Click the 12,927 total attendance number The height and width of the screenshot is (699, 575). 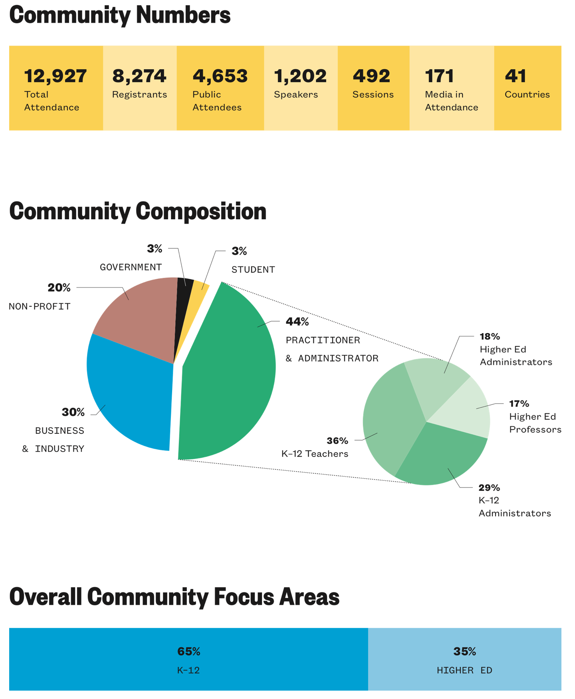[x=56, y=76]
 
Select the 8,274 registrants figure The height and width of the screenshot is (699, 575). [x=139, y=76]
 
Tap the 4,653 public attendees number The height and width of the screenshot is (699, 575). [x=220, y=76]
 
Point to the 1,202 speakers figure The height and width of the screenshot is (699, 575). [x=300, y=76]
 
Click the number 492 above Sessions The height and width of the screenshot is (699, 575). [x=371, y=76]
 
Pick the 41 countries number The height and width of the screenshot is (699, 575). [x=516, y=76]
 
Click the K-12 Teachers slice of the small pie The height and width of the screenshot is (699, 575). [x=389, y=419]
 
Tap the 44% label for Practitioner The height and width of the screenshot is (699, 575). [x=297, y=322]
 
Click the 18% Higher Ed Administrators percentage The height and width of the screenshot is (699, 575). [x=490, y=336]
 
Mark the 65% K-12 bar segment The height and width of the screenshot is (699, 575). [x=188, y=659]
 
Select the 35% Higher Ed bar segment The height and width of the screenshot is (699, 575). [x=465, y=659]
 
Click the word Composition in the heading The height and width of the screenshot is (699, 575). [x=201, y=212]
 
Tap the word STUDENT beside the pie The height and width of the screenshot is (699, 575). [x=253, y=270]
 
